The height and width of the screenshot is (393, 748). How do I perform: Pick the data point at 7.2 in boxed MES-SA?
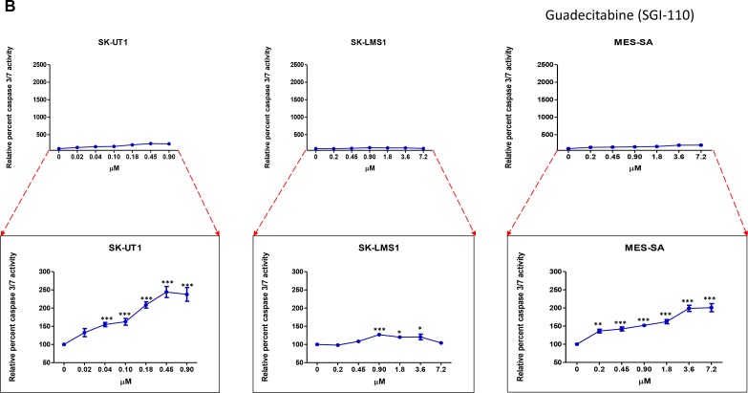[708, 308]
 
